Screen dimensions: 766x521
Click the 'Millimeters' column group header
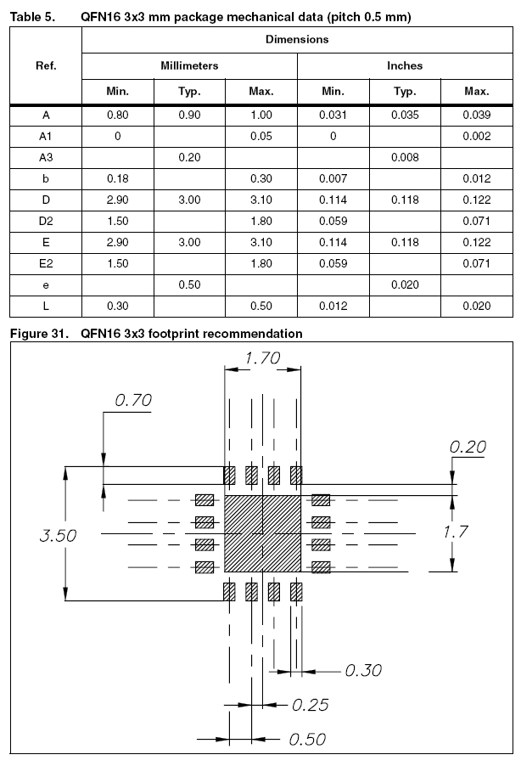190,65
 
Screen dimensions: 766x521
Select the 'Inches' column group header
405,65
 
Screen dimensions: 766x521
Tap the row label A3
47,157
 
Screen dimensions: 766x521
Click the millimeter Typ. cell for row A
189,115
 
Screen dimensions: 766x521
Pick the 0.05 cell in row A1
261,136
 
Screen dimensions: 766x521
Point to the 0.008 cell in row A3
405,157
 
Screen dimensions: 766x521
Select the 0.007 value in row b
333,178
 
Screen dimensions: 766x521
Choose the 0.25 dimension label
310,705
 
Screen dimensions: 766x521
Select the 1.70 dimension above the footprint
262,358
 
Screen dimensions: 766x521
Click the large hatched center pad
262,536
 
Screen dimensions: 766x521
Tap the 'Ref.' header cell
47,65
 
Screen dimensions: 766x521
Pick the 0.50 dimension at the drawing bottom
307,739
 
